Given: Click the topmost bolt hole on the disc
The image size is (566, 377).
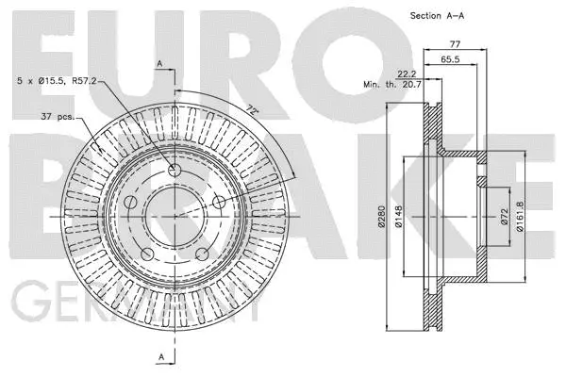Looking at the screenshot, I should pos(174,170).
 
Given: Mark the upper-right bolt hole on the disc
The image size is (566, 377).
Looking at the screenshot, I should pos(218,201).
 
